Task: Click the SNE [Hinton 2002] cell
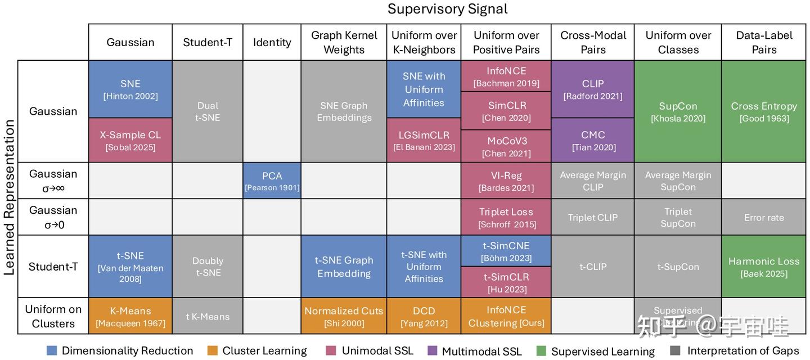[130, 89]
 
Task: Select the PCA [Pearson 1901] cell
[272, 181]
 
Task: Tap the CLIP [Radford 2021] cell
[593, 89]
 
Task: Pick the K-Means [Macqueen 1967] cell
[130, 316]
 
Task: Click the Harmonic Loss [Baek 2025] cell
[764, 267]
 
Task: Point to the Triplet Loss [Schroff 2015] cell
[506, 217]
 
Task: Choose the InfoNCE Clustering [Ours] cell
[506, 316]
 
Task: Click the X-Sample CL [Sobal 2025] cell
[130, 141]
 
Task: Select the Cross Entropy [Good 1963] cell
[764, 111]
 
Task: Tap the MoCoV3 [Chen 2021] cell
[506, 147]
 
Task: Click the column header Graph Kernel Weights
[344, 42]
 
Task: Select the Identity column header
[272, 42]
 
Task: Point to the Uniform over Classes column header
[678, 42]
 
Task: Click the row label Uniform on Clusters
[53, 316]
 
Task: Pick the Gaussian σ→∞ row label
[53, 181]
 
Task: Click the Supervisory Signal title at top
[447, 9]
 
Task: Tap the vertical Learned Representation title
[9, 197]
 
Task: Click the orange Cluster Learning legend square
[213, 351]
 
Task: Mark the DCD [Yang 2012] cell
[424, 316]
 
